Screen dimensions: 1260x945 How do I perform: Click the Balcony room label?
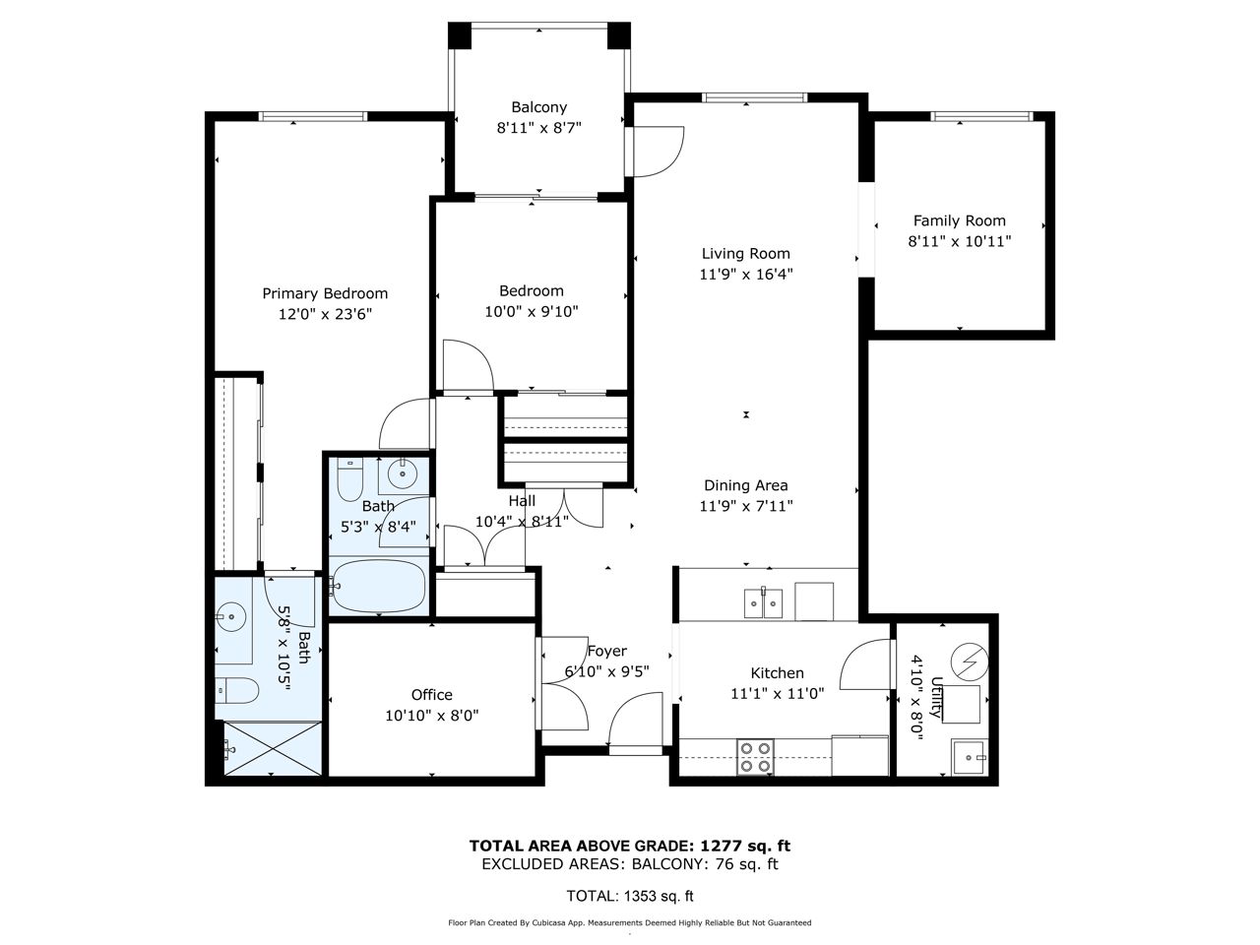tap(538, 107)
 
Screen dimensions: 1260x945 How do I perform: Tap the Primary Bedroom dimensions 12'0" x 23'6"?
tap(325, 314)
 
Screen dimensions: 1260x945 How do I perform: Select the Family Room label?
tap(959, 220)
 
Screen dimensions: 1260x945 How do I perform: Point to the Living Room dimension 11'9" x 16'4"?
tap(745, 275)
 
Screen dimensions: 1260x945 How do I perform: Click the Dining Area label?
tap(745, 485)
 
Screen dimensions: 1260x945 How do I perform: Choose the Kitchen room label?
tap(777, 673)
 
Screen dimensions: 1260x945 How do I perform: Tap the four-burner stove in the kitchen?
tap(755, 757)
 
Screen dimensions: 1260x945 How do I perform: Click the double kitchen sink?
tap(762, 603)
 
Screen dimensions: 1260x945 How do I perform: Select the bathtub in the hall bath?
tap(379, 586)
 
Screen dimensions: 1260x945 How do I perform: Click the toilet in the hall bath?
tap(349, 479)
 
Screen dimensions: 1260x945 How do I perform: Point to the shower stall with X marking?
tap(273, 748)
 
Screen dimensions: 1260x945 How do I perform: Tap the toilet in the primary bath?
tap(237, 690)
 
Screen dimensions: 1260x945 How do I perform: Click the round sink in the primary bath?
tap(231, 617)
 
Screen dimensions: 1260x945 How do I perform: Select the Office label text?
tap(432, 695)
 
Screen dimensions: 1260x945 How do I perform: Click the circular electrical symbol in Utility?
tap(969, 661)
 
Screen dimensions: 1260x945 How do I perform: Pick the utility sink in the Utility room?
tap(970, 757)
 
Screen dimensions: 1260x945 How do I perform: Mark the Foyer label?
tap(606, 652)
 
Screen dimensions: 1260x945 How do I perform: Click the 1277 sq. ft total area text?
tap(745, 846)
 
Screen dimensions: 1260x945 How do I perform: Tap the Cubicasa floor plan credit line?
tap(630, 923)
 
